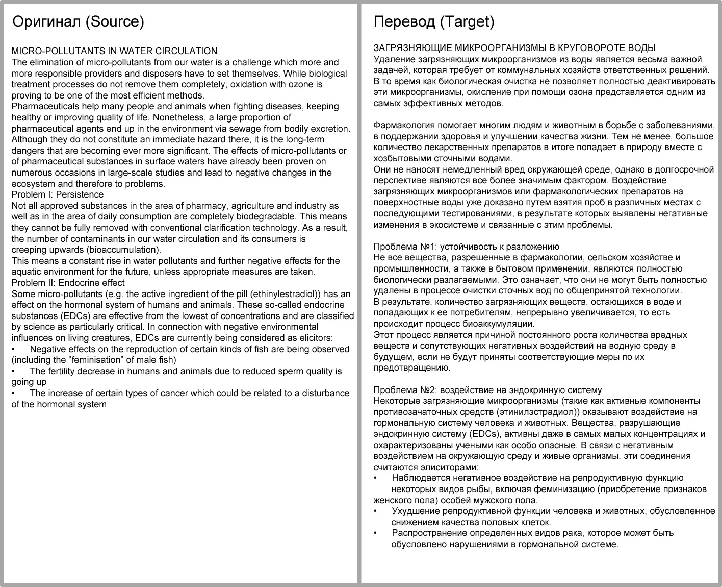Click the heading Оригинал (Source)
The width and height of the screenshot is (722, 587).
pos(78,21)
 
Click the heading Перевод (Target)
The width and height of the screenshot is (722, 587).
pos(434,21)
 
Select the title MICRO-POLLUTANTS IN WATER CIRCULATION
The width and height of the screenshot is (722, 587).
pos(114,51)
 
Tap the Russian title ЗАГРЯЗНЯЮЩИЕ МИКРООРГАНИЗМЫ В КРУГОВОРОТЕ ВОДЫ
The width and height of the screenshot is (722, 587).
pos(514,48)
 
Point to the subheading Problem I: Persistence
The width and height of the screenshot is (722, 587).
pos(57,194)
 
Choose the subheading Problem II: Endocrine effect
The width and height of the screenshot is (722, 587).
pos(68,283)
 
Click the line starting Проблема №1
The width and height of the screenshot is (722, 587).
pos(466,247)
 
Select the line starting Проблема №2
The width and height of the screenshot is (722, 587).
pos(487,390)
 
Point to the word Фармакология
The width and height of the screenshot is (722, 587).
pos(404,125)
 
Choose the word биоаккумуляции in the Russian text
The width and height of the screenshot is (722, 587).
pos(503,324)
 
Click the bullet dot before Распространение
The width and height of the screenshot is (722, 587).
pos(376,533)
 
